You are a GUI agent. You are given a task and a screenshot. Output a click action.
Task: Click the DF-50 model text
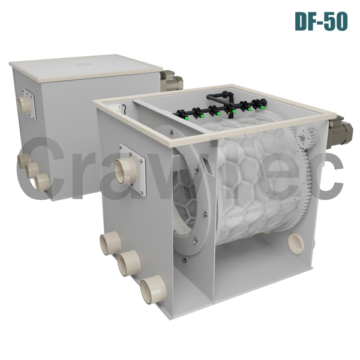(321, 22)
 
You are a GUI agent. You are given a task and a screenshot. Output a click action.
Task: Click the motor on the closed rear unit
(171, 80)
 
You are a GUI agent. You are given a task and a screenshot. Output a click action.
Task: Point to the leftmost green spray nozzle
(187, 118)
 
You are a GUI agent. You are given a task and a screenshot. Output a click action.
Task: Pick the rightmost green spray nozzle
(262, 107)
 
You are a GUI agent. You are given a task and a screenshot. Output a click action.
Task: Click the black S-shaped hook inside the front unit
(124, 109)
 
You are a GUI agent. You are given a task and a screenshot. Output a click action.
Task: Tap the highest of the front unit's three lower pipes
(110, 243)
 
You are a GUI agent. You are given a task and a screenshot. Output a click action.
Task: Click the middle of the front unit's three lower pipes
(129, 263)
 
